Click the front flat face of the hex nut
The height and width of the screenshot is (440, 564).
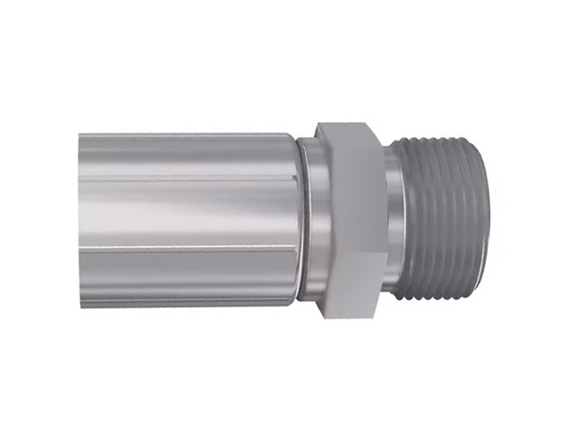click(348, 220)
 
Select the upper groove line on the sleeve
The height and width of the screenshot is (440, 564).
click(185, 176)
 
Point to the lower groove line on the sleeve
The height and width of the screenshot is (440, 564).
click(185, 248)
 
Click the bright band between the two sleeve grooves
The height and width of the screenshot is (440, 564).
click(185, 211)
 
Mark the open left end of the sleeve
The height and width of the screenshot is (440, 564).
click(81, 220)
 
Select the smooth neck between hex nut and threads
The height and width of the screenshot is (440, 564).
click(395, 220)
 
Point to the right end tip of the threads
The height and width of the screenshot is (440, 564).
click(483, 220)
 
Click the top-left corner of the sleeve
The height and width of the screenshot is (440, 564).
click(80, 135)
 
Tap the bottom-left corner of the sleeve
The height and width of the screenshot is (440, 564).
click(80, 305)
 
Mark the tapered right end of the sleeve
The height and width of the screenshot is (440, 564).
click(294, 220)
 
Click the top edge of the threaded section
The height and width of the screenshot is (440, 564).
click(441, 142)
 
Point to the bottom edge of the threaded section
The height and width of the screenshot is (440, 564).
click(441, 298)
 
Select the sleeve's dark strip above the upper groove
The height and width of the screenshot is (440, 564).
click(185, 154)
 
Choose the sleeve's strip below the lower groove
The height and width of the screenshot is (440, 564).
click(185, 277)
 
